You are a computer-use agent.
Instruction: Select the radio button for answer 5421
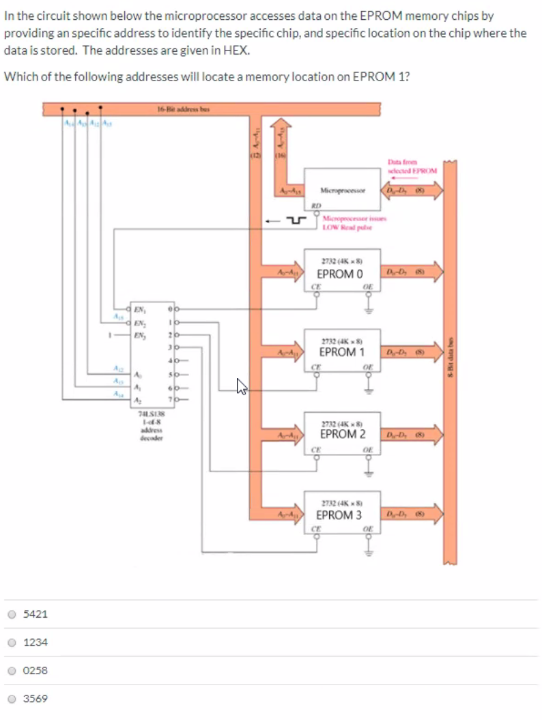(11, 614)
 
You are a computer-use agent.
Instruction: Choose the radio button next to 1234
(11, 642)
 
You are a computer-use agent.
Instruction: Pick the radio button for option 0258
(11, 670)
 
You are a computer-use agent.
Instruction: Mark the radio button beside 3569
(11, 698)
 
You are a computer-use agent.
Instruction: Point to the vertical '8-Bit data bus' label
(450, 356)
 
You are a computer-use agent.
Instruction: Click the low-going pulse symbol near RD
(295, 220)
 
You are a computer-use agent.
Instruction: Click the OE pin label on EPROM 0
(368, 287)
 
